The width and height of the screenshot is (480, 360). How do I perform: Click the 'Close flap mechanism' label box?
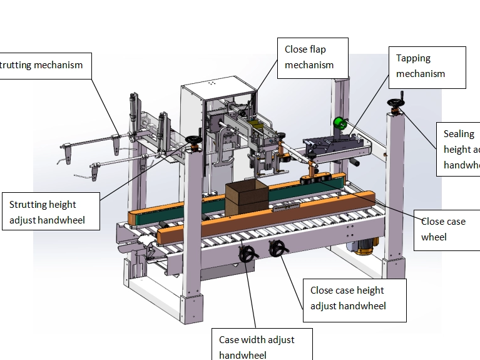[x=309, y=57]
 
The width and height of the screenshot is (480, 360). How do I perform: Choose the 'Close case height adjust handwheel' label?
[x=354, y=298]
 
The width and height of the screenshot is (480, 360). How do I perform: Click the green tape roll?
[x=340, y=123]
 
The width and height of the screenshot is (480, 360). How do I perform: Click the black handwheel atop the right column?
[x=396, y=103]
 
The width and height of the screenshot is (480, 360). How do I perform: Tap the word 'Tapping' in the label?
[x=414, y=58]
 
